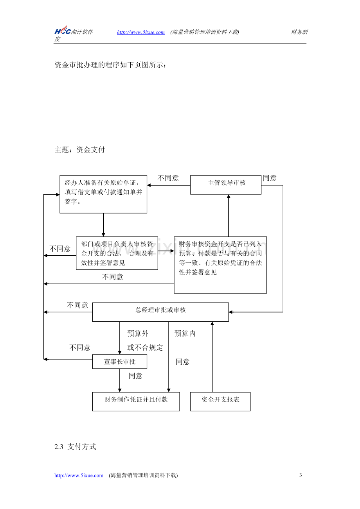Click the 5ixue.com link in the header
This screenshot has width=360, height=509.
coord(141,32)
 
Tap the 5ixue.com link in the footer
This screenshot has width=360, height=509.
coord(79,475)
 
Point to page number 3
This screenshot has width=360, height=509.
coord(301,475)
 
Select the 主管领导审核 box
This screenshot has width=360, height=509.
coord(226,185)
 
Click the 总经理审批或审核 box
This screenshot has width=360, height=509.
coord(160,312)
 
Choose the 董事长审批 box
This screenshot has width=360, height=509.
coord(120,362)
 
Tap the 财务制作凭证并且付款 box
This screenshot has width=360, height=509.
coord(136,401)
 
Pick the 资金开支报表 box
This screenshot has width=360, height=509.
coord(220,401)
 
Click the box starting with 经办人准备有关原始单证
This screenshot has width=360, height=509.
coord(103,194)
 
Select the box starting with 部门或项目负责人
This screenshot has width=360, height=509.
coord(117,253)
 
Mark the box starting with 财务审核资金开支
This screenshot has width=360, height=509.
coord(220,265)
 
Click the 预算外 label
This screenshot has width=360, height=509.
coord(138,333)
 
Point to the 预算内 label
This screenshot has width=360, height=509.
coord(185,333)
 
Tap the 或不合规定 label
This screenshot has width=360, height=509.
coord(145,348)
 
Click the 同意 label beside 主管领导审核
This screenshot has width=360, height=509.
coord(270,178)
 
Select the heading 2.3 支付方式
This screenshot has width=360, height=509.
coord(75,446)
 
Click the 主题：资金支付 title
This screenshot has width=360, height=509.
coord(79,149)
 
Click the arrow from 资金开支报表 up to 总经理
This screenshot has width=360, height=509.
coord(212,357)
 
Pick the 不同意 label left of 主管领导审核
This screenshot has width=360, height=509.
coord(168,178)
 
